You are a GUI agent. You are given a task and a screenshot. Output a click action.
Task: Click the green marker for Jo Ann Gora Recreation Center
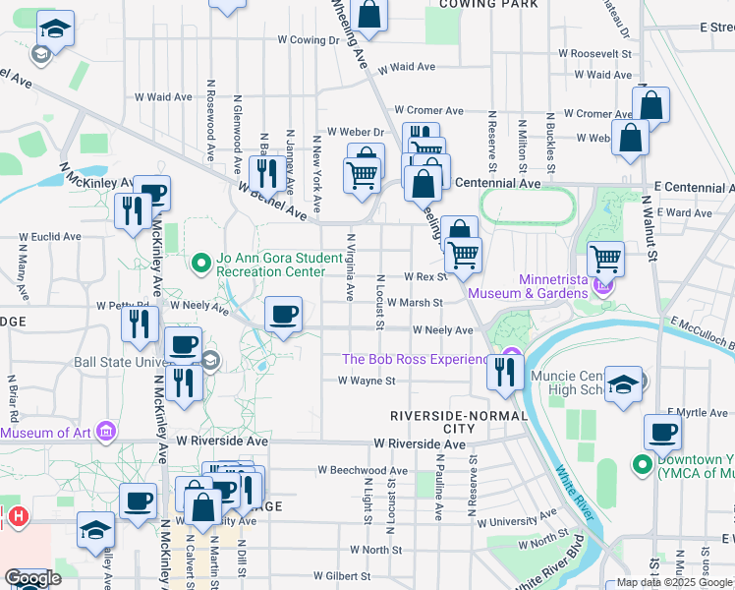click(x=201, y=263)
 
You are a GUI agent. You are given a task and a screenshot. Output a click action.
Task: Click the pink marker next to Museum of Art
click(x=107, y=431)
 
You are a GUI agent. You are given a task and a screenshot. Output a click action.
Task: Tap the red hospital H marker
click(x=17, y=515)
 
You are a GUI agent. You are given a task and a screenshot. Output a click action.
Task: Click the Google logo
click(x=32, y=578)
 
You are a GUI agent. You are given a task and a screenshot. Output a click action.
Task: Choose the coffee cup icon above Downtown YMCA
click(x=663, y=431)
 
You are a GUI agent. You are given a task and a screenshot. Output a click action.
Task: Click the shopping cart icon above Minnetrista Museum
click(x=606, y=259)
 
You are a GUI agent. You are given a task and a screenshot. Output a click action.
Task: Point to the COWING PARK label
click(x=488, y=5)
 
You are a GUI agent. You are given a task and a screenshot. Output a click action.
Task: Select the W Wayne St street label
click(x=367, y=381)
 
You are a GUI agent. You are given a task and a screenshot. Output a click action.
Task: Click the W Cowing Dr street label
click(x=308, y=41)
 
